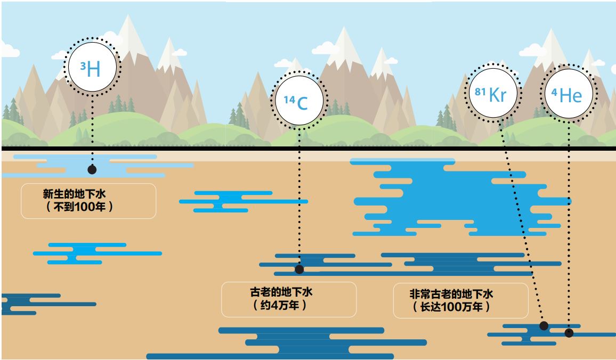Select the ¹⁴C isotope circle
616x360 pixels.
[298, 100]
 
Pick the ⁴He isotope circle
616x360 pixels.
[568, 94]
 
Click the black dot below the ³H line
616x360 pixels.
[92, 169]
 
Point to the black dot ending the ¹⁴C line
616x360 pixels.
[299, 269]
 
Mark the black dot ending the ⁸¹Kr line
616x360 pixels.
[544, 325]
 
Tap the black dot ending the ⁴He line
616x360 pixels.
[569, 333]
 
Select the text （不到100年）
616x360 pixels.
[79, 207]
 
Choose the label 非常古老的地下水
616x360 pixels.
[452, 294]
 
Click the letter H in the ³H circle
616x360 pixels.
[93, 70]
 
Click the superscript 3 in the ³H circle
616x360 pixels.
[83, 66]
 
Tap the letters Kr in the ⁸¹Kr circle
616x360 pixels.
[497, 95]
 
